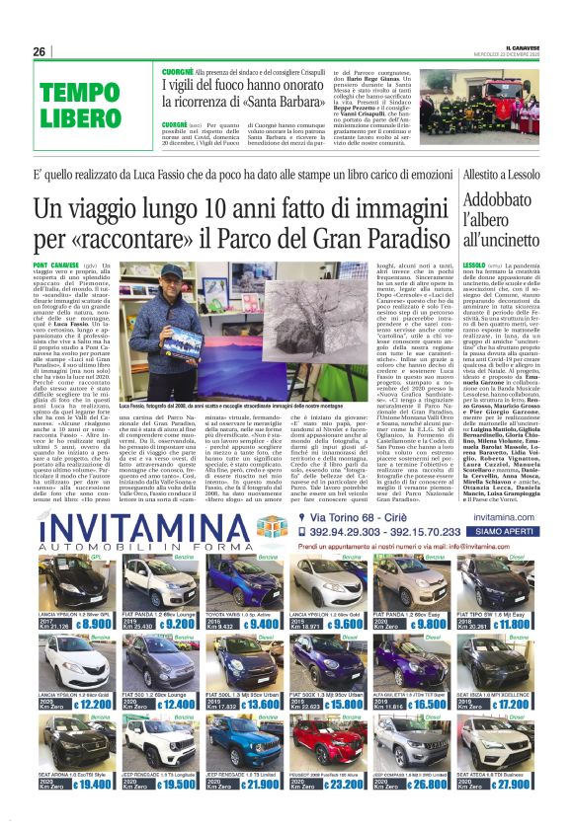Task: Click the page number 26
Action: [x=39, y=51]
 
